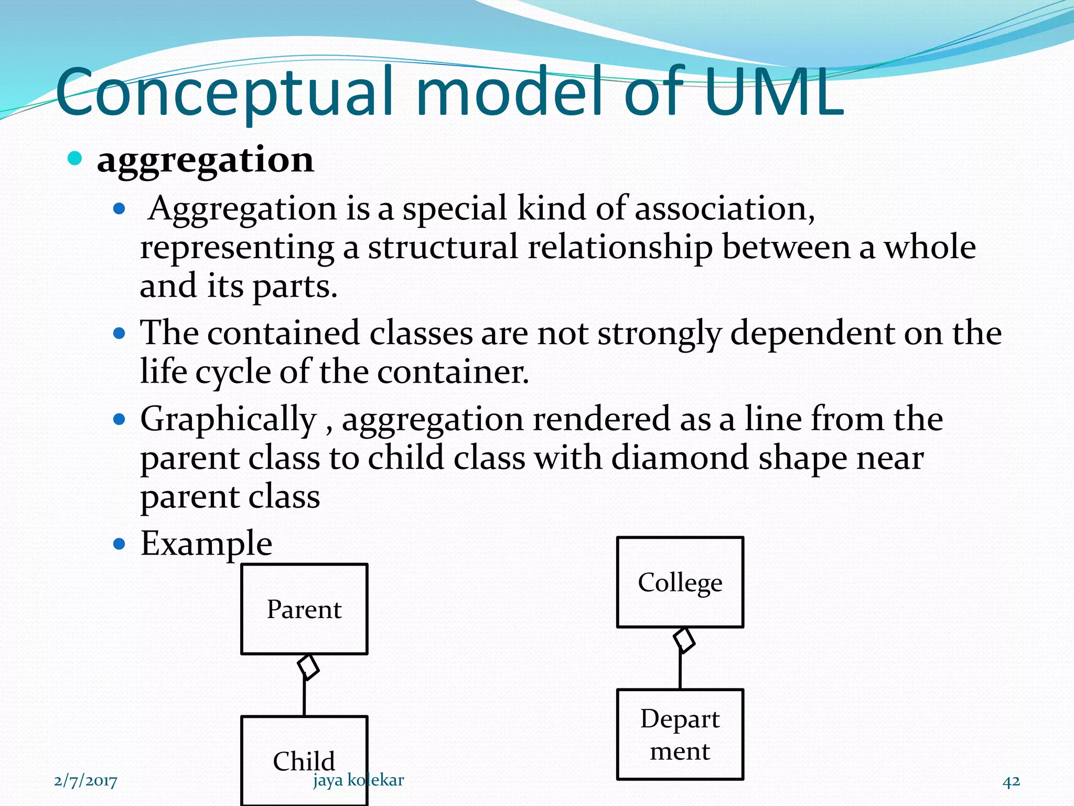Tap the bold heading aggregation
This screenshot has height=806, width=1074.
coord(205,160)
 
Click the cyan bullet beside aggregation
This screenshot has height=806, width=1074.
coord(75,158)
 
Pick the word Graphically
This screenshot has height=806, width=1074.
coord(228,420)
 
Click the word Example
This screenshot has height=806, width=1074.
coord(206,543)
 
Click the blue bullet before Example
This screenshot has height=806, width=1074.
coord(120,544)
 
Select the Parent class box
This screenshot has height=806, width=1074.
coord(304,609)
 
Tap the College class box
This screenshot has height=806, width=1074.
coord(680,582)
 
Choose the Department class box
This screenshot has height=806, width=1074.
coord(680,734)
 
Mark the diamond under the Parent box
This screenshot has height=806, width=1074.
coord(308,667)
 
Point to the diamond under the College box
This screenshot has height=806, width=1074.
coord(684,640)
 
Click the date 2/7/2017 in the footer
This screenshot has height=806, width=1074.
coord(85,781)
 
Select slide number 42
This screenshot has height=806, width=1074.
coord(1011,781)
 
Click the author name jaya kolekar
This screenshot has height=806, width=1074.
coord(359,780)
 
